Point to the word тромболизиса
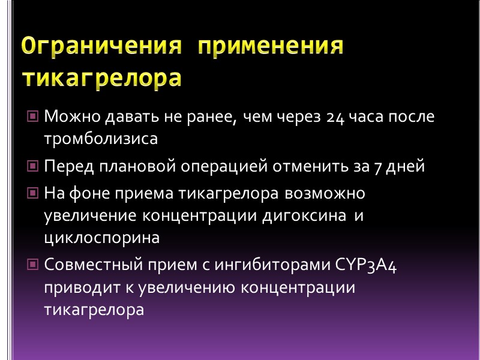[x=100, y=139]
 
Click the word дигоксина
[x=304, y=216]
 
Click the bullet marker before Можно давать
[x=34, y=116]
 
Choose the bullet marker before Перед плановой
[x=34, y=166]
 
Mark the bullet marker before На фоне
[x=34, y=194]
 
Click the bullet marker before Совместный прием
[x=34, y=265]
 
